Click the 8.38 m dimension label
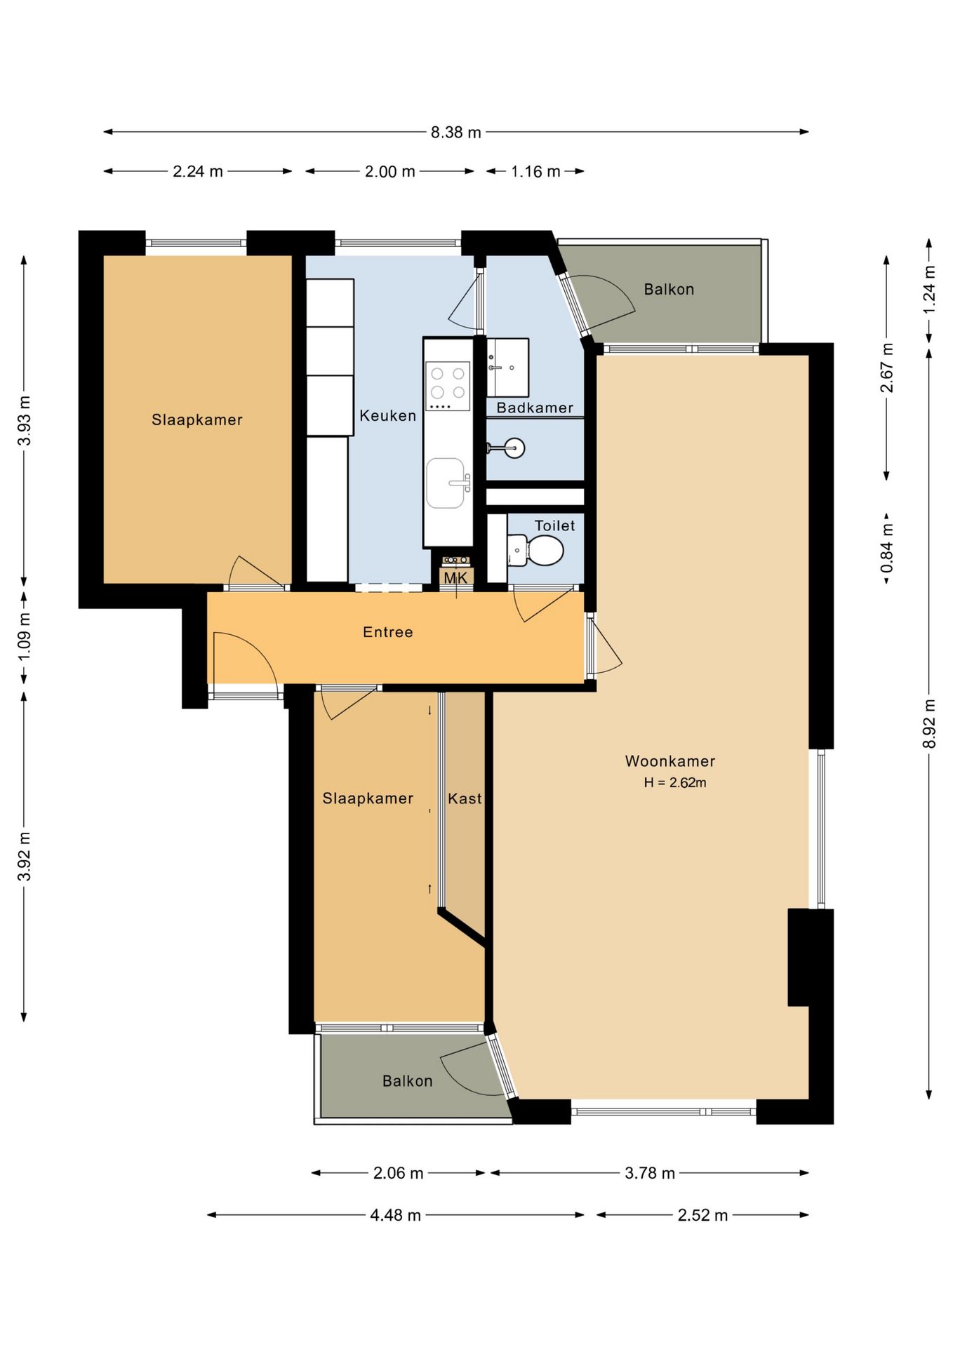pyautogui.click(x=455, y=132)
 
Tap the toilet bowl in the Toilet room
pyautogui.click(x=545, y=551)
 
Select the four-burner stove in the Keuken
pyautogui.click(x=448, y=386)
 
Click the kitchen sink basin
pyautogui.click(x=446, y=483)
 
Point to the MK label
pyautogui.click(x=455, y=578)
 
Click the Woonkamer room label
pyautogui.click(x=670, y=761)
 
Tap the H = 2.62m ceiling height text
pyautogui.click(x=675, y=783)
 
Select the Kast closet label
pyautogui.click(x=465, y=798)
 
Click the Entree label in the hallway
pyautogui.click(x=388, y=632)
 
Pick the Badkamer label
pyautogui.click(x=535, y=408)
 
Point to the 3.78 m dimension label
pyautogui.click(x=650, y=1173)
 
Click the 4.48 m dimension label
pyautogui.click(x=395, y=1215)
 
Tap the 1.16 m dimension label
pyautogui.click(x=535, y=171)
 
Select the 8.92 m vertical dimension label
pyautogui.click(x=929, y=723)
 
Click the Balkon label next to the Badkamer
pyautogui.click(x=669, y=289)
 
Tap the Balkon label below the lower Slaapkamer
pyautogui.click(x=407, y=1081)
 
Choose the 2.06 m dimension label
pyautogui.click(x=398, y=1173)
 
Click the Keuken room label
pyautogui.click(x=388, y=416)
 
